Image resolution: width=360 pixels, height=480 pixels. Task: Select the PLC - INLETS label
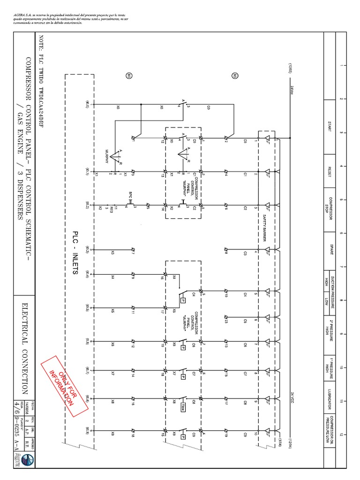[x=75, y=253]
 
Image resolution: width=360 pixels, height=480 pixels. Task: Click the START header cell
[x=330, y=126]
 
